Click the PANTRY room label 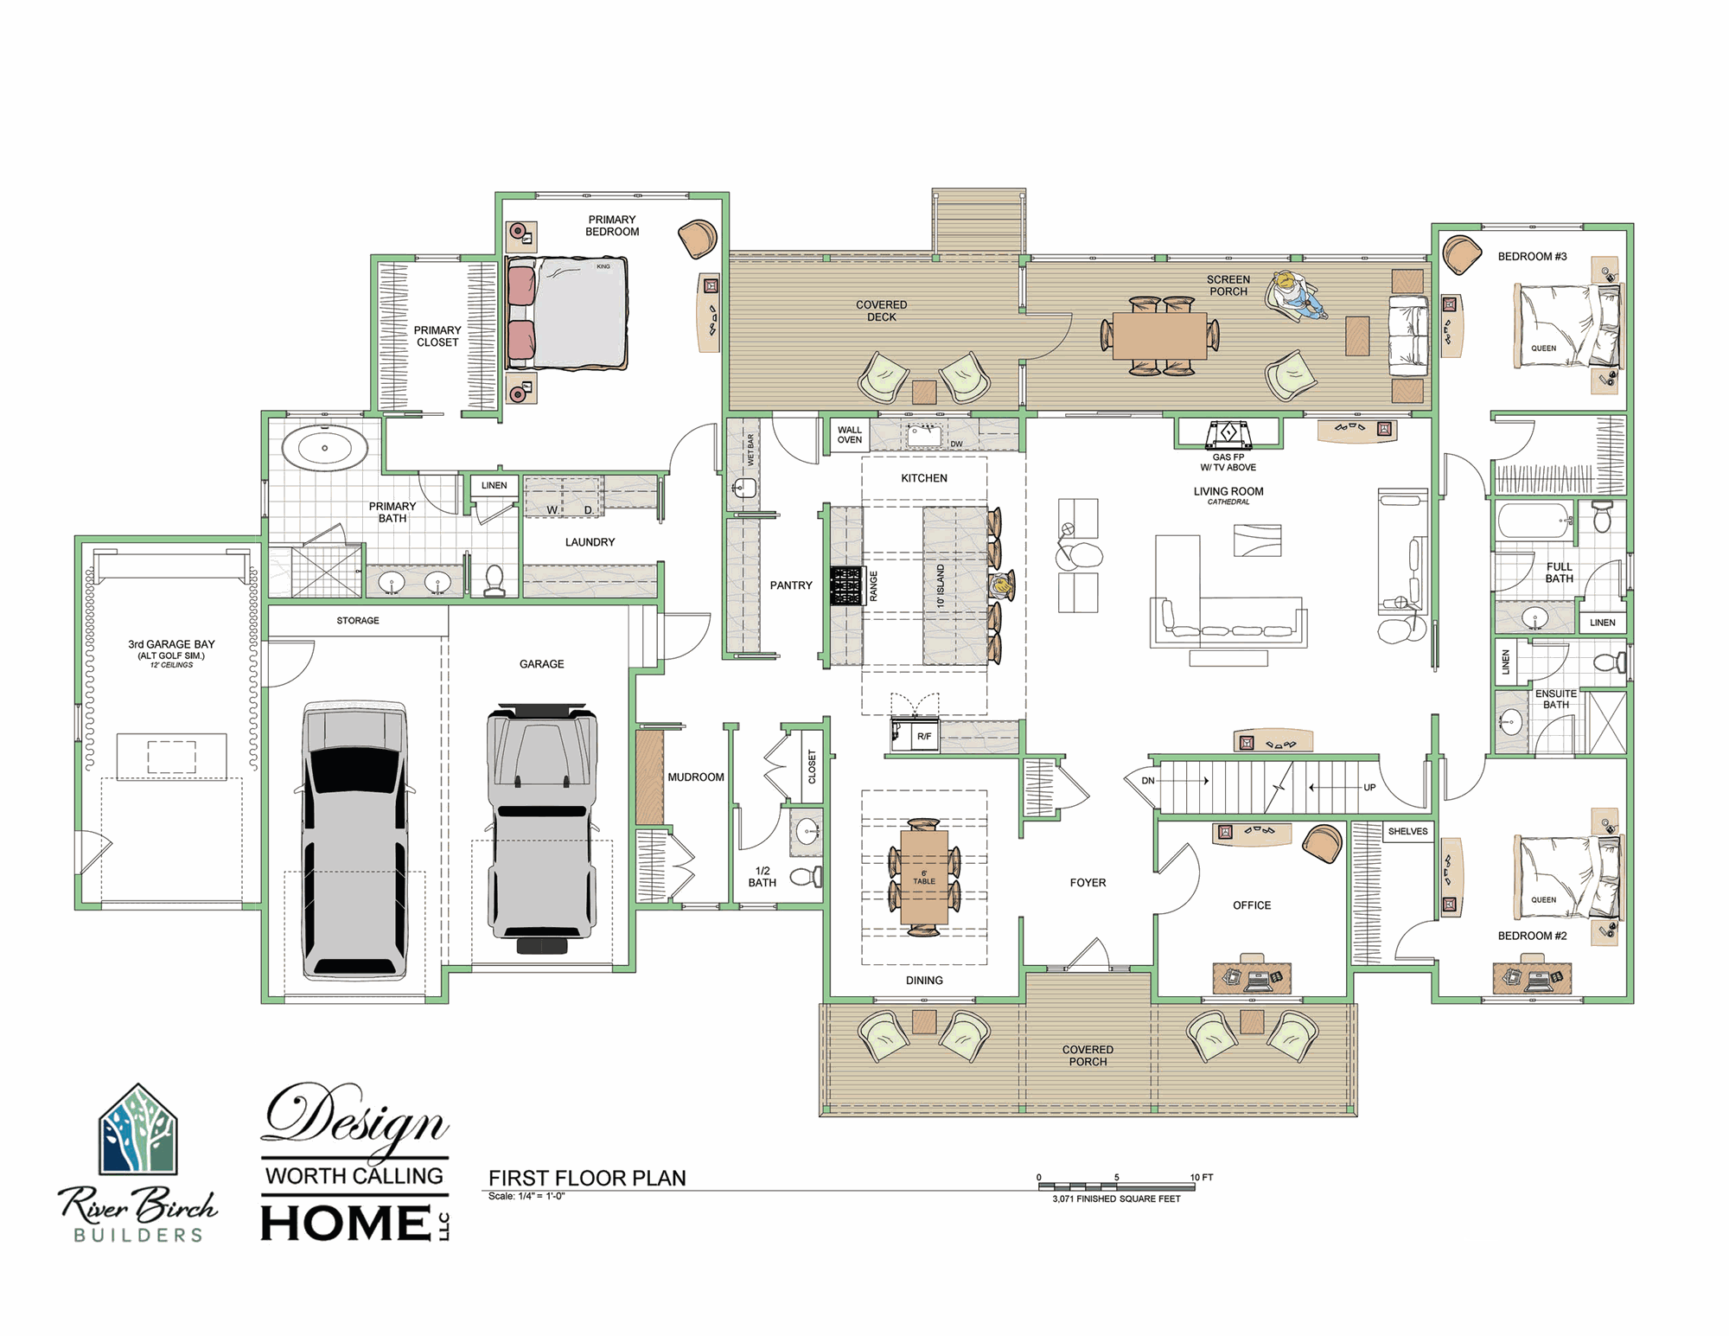(x=791, y=585)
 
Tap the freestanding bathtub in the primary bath (x=325, y=448)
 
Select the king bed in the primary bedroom (x=567, y=313)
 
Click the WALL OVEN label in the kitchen (x=850, y=435)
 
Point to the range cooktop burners (x=847, y=585)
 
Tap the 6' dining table (x=924, y=877)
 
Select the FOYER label (x=1088, y=883)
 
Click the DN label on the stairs (x=1148, y=781)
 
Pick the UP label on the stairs (x=1369, y=788)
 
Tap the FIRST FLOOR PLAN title (x=587, y=1178)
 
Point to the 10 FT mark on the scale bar (x=1202, y=1177)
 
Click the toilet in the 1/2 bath (x=806, y=876)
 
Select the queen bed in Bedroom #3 (x=1568, y=326)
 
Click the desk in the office (x=1252, y=977)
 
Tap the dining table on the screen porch (x=1159, y=336)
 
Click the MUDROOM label (x=696, y=777)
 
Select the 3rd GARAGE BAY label (x=171, y=644)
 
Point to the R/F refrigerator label (x=924, y=737)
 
